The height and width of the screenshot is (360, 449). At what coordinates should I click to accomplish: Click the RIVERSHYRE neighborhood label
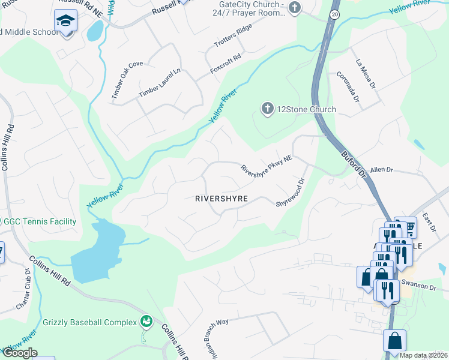(221, 199)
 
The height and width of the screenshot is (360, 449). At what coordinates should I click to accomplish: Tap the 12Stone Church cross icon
(267, 109)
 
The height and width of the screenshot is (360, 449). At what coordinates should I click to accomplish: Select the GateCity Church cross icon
(294, 8)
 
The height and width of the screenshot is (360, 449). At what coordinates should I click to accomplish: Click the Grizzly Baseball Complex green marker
(145, 322)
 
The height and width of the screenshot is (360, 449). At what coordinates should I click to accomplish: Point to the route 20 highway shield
(334, 13)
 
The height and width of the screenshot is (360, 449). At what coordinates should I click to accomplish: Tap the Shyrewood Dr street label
(291, 193)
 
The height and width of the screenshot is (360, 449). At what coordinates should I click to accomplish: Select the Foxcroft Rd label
(226, 65)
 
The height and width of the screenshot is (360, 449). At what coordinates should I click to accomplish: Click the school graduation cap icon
(65, 22)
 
